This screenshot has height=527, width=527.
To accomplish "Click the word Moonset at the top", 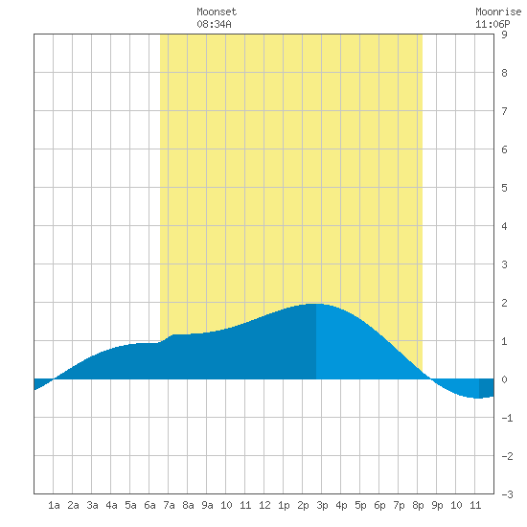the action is click(x=217, y=11).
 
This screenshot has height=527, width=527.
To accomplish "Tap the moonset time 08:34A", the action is click(x=214, y=24).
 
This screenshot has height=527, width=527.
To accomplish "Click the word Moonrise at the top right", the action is click(x=498, y=11).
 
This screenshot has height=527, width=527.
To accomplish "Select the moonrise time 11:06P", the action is click(x=493, y=24).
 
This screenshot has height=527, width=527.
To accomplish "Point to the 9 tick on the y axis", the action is click(x=504, y=34).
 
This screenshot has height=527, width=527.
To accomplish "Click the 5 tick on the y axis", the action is click(x=504, y=188).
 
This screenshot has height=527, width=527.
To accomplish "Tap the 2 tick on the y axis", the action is click(x=504, y=303).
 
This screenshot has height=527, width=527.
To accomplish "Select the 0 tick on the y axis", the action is click(x=504, y=379).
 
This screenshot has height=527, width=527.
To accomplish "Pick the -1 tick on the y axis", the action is click(x=507, y=418).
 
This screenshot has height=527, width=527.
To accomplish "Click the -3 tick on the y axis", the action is click(x=507, y=494).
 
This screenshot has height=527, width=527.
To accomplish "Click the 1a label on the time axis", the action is click(x=54, y=505).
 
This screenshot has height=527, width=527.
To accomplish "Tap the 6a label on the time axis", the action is click(x=149, y=505).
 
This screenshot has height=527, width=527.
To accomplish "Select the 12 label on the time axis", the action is click(x=264, y=505).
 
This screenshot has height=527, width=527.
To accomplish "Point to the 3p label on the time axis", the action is click(x=322, y=505).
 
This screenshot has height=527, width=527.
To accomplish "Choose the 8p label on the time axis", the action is click(x=418, y=505).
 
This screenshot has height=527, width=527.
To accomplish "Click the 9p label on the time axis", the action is click(x=437, y=505).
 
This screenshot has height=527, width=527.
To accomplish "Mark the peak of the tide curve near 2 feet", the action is click(x=316, y=304).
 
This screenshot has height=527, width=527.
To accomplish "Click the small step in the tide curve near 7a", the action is click(x=167, y=338).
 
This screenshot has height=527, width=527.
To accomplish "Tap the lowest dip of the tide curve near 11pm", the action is click(x=478, y=398).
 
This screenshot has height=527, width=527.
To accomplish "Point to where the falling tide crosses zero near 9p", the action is click(x=430, y=378).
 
